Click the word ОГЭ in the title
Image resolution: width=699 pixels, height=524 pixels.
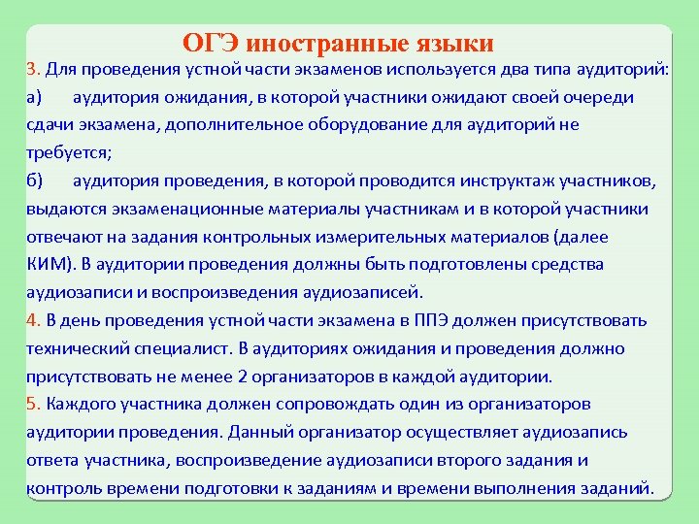(211, 44)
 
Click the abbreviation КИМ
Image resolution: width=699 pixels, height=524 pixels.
(46, 265)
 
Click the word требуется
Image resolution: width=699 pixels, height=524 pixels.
(68, 153)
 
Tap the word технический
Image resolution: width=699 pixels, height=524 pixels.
(83, 348)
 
